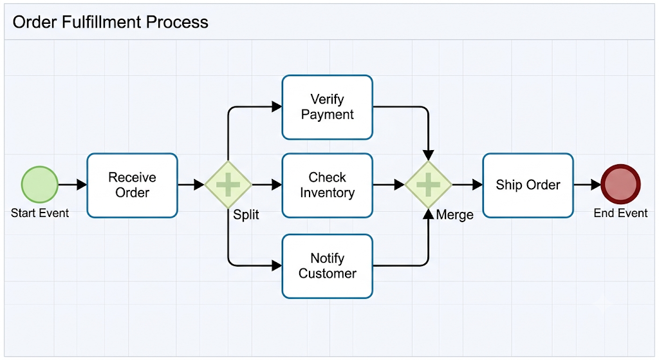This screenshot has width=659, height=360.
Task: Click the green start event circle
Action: pos(39,185)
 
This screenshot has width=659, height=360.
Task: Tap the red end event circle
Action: pos(620,184)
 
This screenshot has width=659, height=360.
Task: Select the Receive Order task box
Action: pos(133,185)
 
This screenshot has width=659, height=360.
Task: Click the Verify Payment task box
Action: pos(328,108)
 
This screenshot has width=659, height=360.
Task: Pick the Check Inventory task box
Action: pos(328,185)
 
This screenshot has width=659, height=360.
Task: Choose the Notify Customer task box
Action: pos(328,266)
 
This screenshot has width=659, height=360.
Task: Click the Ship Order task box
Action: pos(528,185)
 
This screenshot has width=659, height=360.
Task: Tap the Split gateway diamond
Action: pos(228,185)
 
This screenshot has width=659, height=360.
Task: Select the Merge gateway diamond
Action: pos(428,185)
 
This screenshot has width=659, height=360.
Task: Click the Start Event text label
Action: pos(40,213)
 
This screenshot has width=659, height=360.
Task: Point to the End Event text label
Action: pos(620,213)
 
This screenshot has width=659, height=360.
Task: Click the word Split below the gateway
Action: pos(246,215)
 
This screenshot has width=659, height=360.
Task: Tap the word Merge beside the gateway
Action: pos(455,215)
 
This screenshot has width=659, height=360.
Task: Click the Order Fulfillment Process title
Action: pos(111,23)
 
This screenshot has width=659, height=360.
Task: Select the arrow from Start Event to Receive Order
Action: pos(73,185)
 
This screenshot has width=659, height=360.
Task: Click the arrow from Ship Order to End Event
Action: pos(587,185)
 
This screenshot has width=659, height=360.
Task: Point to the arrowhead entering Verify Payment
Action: pos(277,107)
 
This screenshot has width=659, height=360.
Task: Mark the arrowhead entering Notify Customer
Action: pos(277,266)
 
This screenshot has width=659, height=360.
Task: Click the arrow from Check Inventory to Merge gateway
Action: pos(389,185)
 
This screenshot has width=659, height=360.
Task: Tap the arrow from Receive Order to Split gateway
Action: pos(191,185)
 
